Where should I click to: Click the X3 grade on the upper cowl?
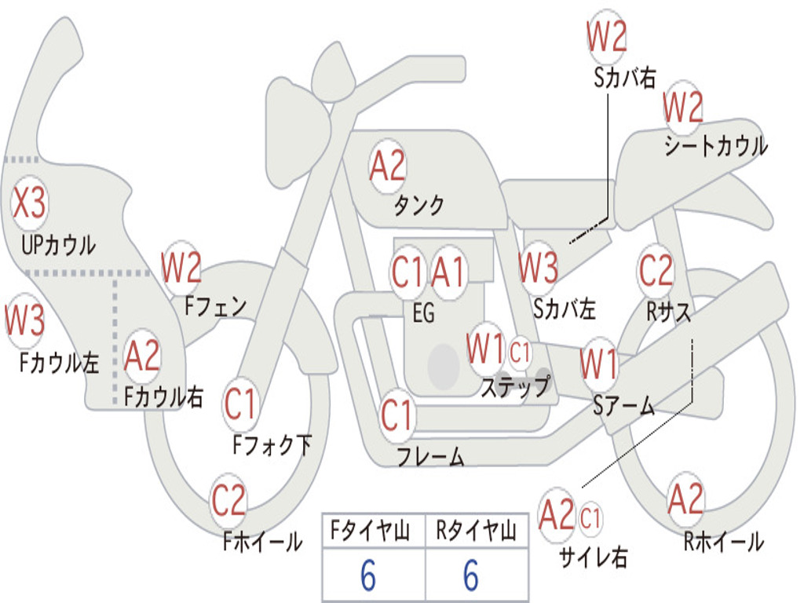[x=29, y=202]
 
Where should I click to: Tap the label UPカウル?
[x=58, y=245]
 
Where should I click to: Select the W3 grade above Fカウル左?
[x=25, y=319]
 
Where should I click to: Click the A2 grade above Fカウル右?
[x=142, y=356]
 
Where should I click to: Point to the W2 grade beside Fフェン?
[x=181, y=267]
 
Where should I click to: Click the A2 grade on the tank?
[x=388, y=166]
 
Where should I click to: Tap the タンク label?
[x=418, y=205]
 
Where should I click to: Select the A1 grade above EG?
[x=448, y=272]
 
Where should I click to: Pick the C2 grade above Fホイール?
[x=228, y=499]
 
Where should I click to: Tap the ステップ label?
[x=515, y=386]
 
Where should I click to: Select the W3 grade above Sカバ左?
[x=538, y=267]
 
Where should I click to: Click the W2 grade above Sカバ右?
[x=607, y=36]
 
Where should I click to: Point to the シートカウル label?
[x=716, y=145]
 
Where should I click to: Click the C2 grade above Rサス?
[x=656, y=270]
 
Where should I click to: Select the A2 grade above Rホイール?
[x=685, y=499]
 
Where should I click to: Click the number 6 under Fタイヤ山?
[x=368, y=576]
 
